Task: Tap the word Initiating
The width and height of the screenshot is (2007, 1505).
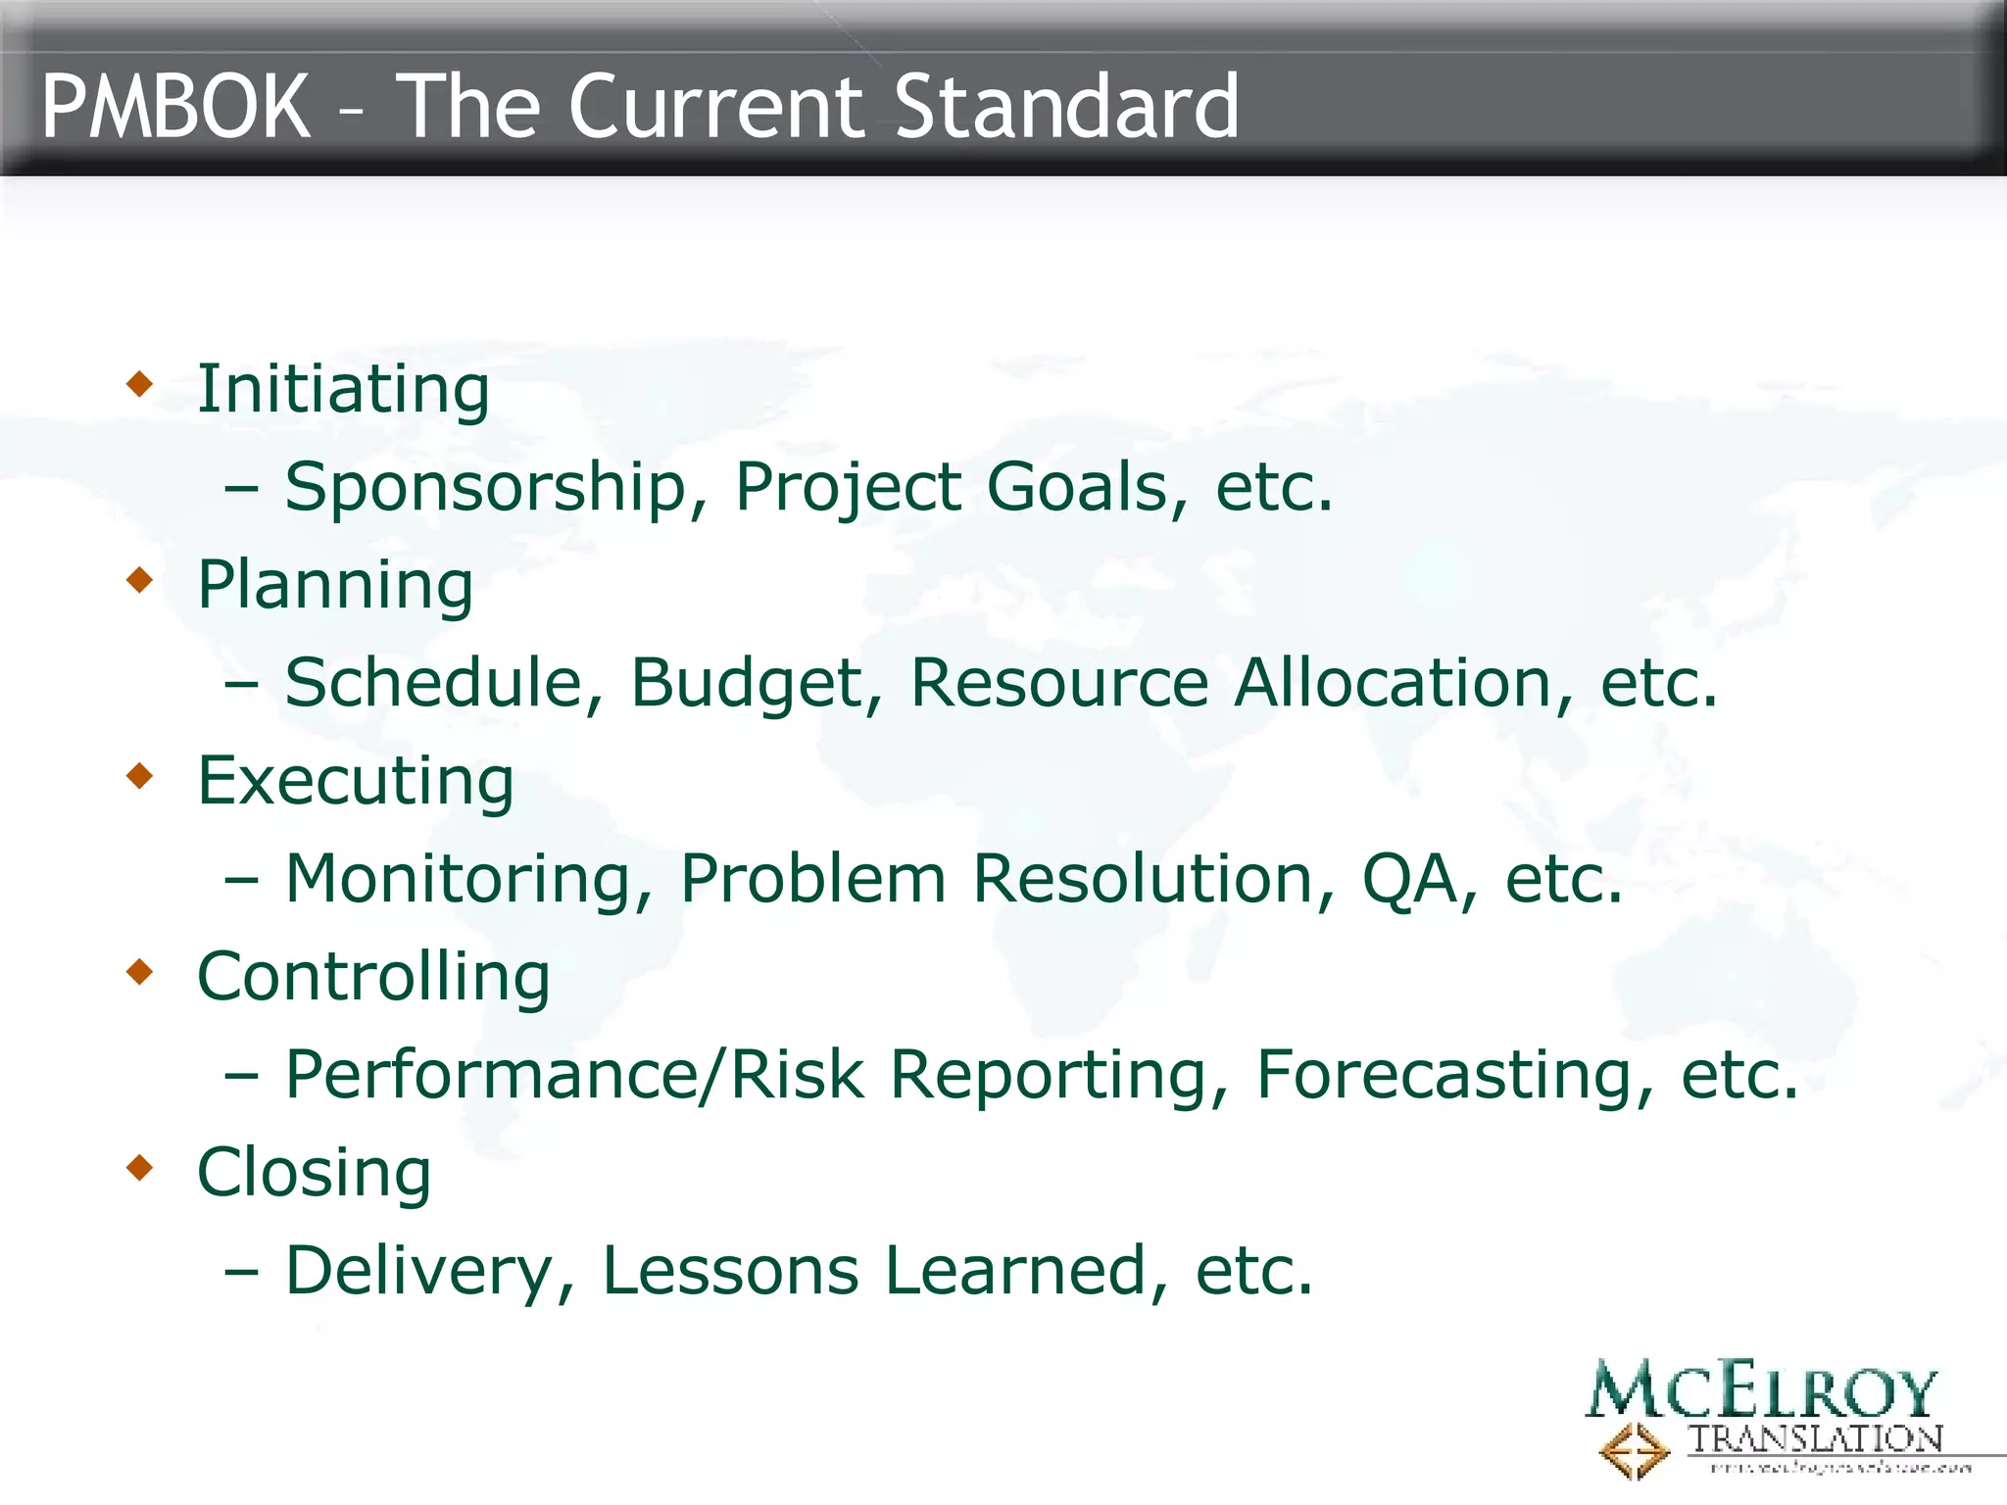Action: click(x=343, y=389)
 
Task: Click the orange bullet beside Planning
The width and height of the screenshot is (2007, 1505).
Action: click(x=140, y=580)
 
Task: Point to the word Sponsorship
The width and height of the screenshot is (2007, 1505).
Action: click(x=486, y=487)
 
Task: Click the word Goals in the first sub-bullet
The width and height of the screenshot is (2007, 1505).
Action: click(x=1076, y=487)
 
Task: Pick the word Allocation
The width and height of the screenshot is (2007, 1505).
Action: click(x=1392, y=683)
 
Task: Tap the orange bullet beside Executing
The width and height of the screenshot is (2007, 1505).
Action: click(x=140, y=776)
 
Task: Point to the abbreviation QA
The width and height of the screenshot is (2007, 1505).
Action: click(x=1409, y=879)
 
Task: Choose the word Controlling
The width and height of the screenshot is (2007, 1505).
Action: click(x=373, y=977)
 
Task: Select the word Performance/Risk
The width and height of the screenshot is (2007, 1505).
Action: click(x=574, y=1075)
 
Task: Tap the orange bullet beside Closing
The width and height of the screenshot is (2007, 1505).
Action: click(x=140, y=1167)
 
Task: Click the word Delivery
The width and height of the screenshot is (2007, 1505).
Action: click(x=419, y=1271)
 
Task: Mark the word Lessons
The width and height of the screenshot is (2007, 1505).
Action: click(x=730, y=1271)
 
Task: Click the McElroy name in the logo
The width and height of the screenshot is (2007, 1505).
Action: click(x=1761, y=1391)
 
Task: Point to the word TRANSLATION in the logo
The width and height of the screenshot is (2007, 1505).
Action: click(x=1815, y=1439)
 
